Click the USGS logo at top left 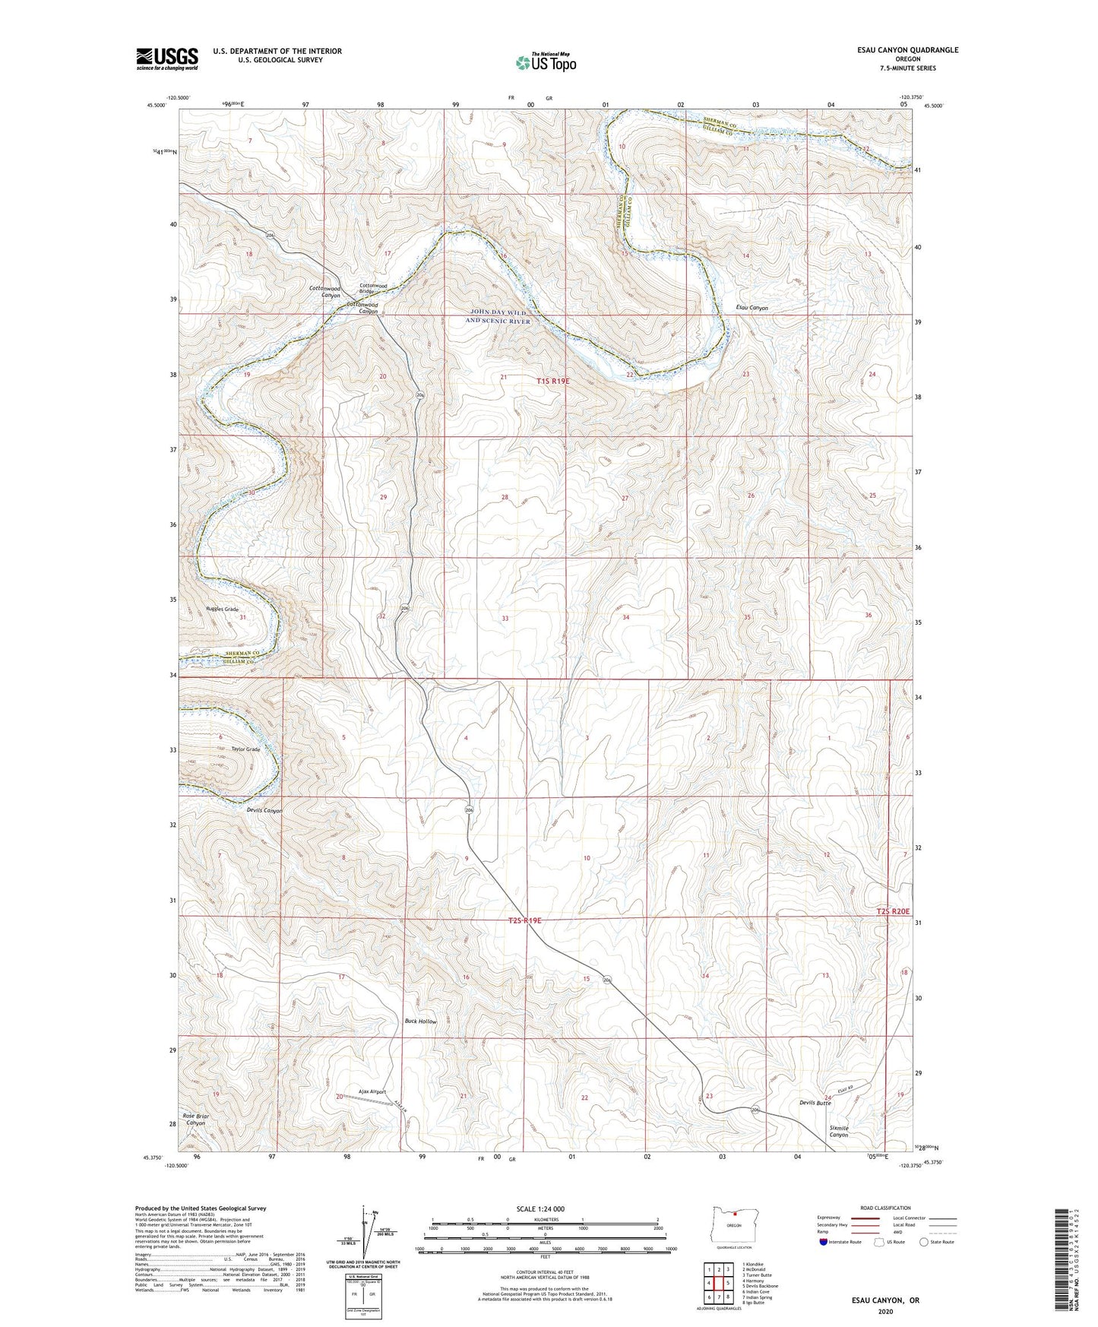coord(167,59)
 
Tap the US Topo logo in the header coord(545,63)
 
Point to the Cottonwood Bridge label coord(373,289)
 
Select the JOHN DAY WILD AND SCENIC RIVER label coord(498,317)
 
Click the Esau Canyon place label coord(752,308)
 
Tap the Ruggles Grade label coord(222,610)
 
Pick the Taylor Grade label coord(246,749)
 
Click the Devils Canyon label coord(264,810)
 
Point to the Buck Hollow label coord(420,1021)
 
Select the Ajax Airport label coord(373,1091)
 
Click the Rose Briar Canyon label coord(195,1120)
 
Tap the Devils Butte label coord(815,1103)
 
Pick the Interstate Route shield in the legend coord(824,1242)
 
